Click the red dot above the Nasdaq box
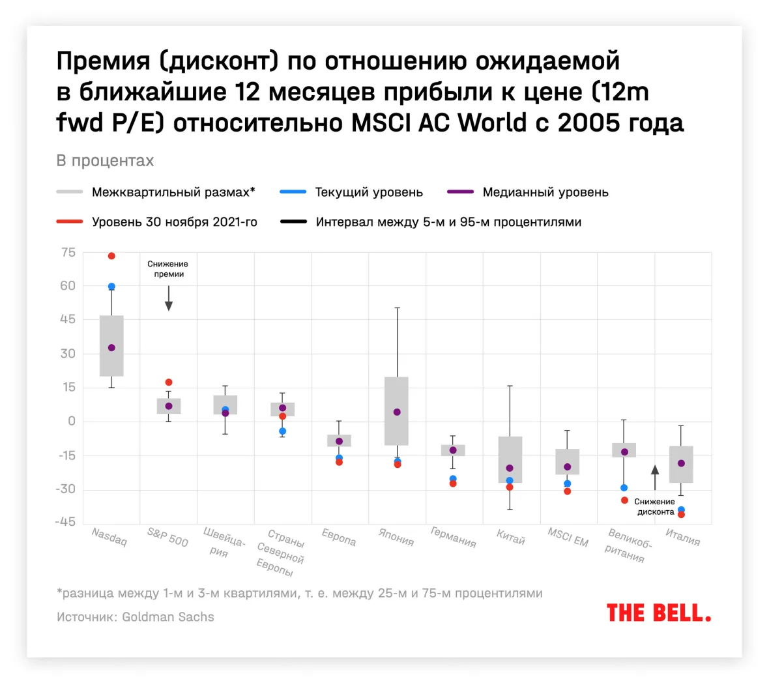111,256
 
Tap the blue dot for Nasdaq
111,287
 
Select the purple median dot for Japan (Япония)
397,412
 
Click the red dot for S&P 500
169,382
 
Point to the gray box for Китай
510,459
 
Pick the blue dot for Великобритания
624,487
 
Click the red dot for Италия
681,515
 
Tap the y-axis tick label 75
68,253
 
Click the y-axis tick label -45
66,522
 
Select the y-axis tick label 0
72,421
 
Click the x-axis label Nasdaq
109,537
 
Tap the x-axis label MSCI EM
568,538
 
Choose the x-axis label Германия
454,537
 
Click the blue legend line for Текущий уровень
293,192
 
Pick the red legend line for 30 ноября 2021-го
70,222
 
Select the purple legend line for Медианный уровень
460,192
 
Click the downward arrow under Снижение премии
169,300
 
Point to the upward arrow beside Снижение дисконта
655,476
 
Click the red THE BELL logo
658,613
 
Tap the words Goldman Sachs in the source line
168,616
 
